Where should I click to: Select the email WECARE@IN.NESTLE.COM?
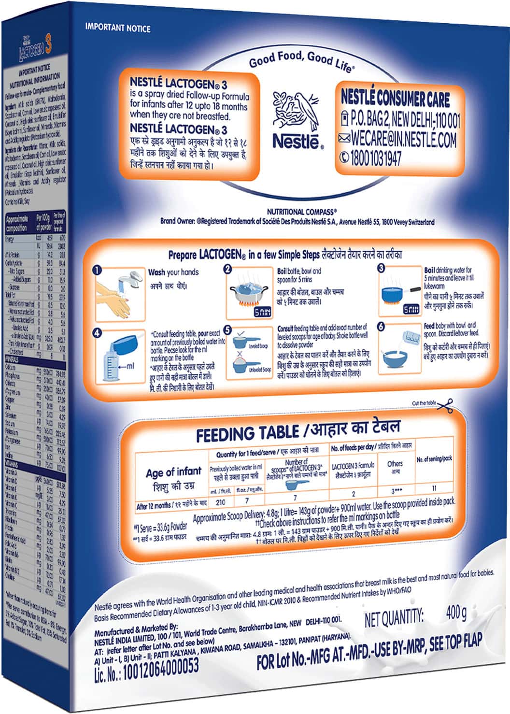(403, 140)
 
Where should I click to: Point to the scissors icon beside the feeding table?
(445, 404)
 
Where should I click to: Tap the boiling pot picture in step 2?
(249, 293)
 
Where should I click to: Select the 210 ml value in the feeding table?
(221, 502)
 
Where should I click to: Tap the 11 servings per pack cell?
(434, 488)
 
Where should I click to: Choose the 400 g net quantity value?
(456, 614)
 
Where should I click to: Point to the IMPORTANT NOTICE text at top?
(118, 28)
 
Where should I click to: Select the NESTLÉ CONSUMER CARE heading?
(395, 99)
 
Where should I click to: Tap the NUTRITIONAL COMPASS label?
(301, 212)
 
